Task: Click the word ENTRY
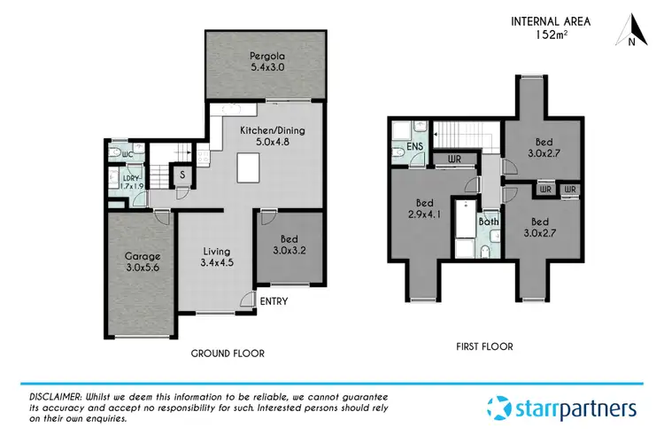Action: coord(274,301)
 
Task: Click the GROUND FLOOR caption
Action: coord(228,353)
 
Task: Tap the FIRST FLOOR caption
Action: coord(483,346)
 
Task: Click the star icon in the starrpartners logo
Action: coord(502,408)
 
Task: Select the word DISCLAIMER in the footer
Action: coord(51,395)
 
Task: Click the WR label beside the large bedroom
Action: coord(454,159)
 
